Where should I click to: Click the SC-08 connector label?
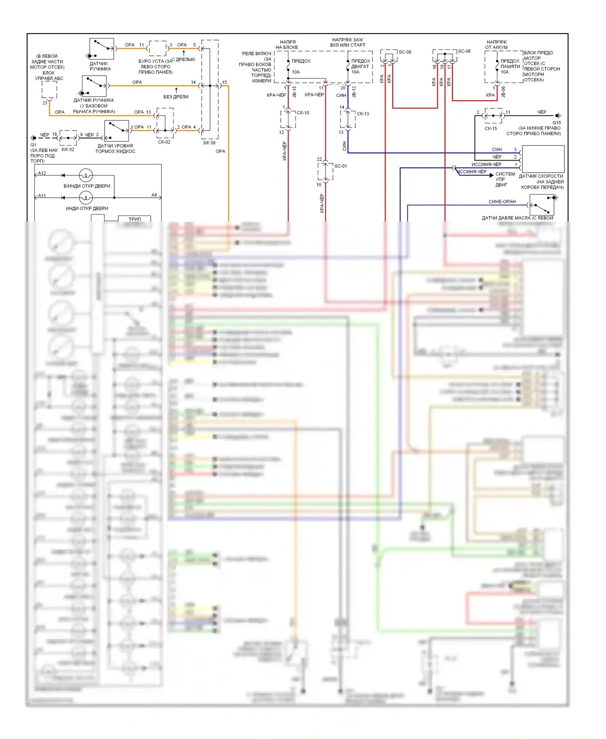[405, 52]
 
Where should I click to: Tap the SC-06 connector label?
[464, 51]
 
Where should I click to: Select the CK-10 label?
[303, 113]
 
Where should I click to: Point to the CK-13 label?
[363, 114]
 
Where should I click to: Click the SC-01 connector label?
[341, 166]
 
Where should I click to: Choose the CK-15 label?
[491, 129]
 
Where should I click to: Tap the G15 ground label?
[557, 122]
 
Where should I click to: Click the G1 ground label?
[33, 145]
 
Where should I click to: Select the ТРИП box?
[135, 219]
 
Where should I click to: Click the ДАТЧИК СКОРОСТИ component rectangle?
[543, 159]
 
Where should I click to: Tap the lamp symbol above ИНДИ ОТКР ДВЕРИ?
[86, 198]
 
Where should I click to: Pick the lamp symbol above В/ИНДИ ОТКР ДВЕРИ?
[86, 175]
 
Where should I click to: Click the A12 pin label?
[42, 173]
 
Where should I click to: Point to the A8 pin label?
[154, 195]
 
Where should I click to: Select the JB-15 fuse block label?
[295, 92]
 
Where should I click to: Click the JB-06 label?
[503, 92]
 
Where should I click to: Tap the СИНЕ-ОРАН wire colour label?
[502, 201]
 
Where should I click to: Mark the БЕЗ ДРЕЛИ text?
[176, 97]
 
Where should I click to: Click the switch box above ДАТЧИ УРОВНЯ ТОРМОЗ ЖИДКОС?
[116, 131]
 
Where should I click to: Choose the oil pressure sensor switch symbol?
[542, 205]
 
